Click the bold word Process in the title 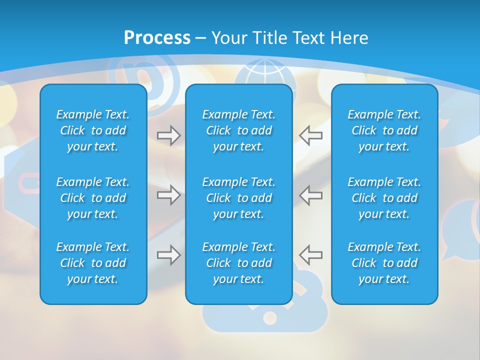point(157,38)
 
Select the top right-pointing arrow point(168,135)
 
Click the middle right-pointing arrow point(168,195)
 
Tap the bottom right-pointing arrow point(168,255)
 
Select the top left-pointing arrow point(311,135)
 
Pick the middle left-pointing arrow point(311,195)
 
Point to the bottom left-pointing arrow point(311,255)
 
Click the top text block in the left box point(93,130)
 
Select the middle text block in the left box point(93,198)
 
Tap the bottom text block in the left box point(93,263)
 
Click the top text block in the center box point(238,130)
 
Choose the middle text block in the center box point(238,198)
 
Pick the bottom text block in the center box point(238,263)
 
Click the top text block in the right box point(384,130)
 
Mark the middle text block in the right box point(384,198)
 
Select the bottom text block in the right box point(384,263)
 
